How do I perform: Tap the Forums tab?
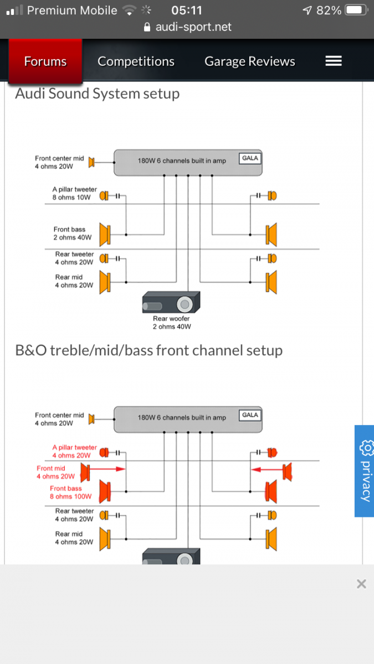pyautogui.click(x=45, y=61)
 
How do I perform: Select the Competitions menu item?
pyautogui.click(x=136, y=61)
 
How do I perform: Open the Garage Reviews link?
pyautogui.click(x=250, y=61)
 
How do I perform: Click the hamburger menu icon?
pyautogui.click(x=334, y=61)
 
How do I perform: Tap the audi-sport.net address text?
pyautogui.click(x=193, y=27)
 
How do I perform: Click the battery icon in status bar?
pyautogui.click(x=356, y=11)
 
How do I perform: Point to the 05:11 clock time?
pyautogui.click(x=187, y=11)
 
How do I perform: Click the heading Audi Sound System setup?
pyautogui.click(x=98, y=94)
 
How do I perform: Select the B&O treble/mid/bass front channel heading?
pyautogui.click(x=148, y=350)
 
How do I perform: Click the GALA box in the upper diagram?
pyautogui.click(x=250, y=158)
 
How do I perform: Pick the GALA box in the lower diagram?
pyautogui.click(x=250, y=415)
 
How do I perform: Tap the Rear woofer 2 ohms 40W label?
pyautogui.click(x=172, y=323)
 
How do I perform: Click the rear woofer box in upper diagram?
pyautogui.click(x=171, y=302)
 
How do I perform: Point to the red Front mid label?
pyautogui.click(x=55, y=472)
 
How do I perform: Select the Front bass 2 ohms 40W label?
pyautogui.click(x=73, y=234)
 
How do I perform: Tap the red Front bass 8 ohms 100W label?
pyautogui.click(x=71, y=492)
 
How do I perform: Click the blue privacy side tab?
pyautogui.click(x=365, y=471)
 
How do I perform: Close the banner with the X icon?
pyautogui.click(x=361, y=584)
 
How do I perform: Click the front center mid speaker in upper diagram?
pyautogui.click(x=91, y=162)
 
